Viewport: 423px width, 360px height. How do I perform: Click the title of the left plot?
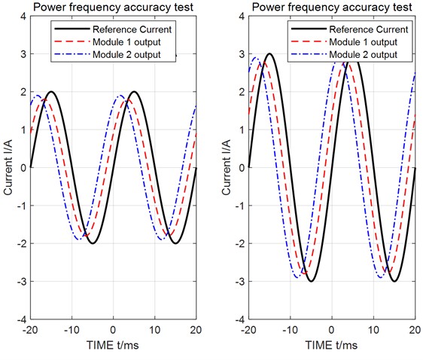[112, 8]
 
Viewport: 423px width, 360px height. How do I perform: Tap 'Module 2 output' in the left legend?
[123, 55]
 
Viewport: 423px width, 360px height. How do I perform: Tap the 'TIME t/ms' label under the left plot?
[113, 349]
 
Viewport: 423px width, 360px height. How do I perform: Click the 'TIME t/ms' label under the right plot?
[331, 349]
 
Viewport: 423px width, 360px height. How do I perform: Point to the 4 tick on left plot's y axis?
[23, 16]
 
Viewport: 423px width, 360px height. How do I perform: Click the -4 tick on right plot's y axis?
[239, 320]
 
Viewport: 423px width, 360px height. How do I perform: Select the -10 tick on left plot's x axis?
[72, 331]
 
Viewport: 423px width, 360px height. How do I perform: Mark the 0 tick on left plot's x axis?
[113, 331]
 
